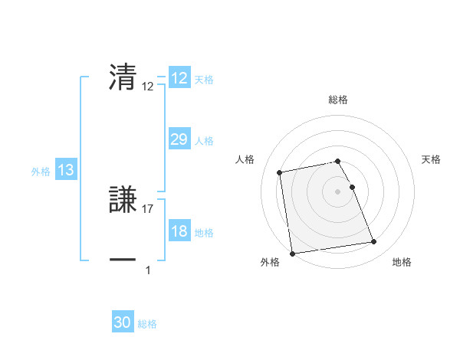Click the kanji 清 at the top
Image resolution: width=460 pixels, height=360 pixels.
[123, 77]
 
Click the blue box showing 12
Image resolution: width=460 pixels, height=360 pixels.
[179, 78]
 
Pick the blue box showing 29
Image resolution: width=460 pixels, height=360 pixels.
[179, 139]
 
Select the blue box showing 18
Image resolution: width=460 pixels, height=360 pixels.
[179, 231]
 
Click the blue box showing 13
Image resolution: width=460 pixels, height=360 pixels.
[66, 170]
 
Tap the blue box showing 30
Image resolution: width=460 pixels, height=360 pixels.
[123, 322]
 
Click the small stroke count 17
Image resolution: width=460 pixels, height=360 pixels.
[148, 209]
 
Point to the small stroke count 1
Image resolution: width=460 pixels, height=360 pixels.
[148, 270]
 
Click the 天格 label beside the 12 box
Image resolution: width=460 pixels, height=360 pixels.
[204, 80]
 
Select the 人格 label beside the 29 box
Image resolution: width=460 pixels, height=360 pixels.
[204, 141]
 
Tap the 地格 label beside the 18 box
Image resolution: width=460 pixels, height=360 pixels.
[204, 233]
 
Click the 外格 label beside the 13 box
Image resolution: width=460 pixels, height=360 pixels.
[41, 172]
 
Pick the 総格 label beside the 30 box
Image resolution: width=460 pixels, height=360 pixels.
[147, 324]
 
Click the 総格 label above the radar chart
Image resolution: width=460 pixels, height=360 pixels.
[338, 100]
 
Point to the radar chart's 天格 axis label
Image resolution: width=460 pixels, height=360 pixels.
[432, 159]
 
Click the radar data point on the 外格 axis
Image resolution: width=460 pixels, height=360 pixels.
[292, 254]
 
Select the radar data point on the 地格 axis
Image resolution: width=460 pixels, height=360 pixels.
[373, 243]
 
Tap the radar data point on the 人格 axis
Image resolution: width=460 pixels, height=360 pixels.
[280, 172]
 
